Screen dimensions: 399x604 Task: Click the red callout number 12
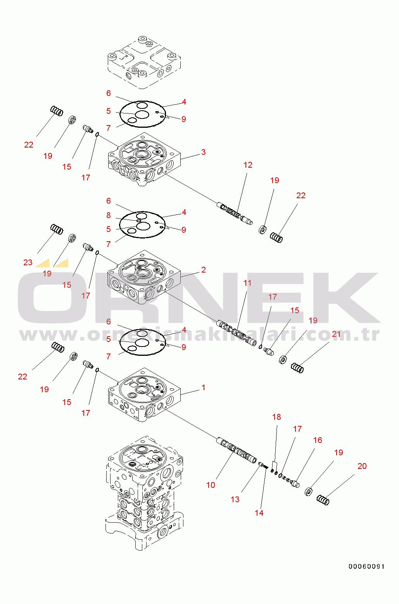[x=248, y=165]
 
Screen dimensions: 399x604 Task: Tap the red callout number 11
[x=247, y=283]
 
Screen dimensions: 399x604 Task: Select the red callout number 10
[x=211, y=485]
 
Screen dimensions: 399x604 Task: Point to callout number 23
[x=28, y=263]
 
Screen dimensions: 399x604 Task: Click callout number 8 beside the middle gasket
[x=108, y=215]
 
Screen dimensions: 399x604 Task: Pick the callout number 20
[x=362, y=466]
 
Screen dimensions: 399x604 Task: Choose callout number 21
[x=336, y=334]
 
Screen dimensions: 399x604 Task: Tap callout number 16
[x=318, y=440]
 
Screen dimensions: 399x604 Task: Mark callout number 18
[x=276, y=417]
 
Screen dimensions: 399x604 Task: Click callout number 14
[x=259, y=513]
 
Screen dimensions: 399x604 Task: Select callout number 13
[x=235, y=499]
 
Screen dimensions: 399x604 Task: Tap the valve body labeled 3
[x=144, y=159]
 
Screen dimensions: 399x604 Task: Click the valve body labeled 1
[x=144, y=395]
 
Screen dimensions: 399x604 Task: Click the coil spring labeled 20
[x=323, y=500]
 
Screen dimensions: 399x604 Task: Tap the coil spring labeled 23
[x=57, y=229]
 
